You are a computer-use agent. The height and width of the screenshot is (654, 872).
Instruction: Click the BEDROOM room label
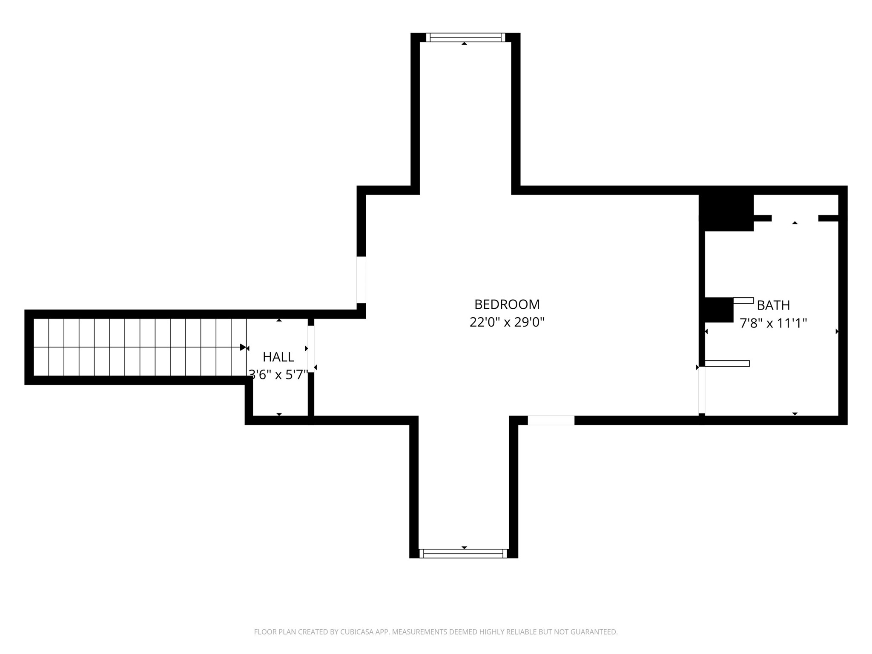coord(507,304)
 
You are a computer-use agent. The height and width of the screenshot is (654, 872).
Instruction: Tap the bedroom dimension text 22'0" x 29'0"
coord(507,322)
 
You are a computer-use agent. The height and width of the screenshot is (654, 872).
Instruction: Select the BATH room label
coord(773,305)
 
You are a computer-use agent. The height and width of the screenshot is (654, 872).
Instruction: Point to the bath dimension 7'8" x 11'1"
coord(773,323)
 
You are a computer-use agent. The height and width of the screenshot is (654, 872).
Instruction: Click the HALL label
coord(278,357)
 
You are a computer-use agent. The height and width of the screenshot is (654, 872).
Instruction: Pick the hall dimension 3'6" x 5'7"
coord(278,375)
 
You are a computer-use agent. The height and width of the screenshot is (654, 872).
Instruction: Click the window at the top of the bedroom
coord(465,37)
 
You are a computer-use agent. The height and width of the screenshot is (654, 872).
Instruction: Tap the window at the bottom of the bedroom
coord(463,554)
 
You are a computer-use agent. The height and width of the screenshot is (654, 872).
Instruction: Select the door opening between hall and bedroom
coord(311,349)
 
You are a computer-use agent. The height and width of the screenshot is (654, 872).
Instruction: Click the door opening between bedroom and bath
coord(702,390)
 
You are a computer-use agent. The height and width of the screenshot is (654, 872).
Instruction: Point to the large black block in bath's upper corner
coord(726,212)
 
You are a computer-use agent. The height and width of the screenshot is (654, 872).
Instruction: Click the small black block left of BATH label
coord(719,310)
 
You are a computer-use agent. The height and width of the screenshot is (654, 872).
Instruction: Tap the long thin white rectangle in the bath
coord(727,364)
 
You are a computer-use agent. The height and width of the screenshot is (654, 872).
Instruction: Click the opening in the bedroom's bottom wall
coord(551,420)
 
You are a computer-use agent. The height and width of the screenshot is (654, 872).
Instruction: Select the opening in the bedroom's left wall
coord(361,280)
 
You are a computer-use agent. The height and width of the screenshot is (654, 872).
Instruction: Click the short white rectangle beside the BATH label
coord(743,301)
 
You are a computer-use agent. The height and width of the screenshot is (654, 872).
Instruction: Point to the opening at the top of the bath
coord(795,218)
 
